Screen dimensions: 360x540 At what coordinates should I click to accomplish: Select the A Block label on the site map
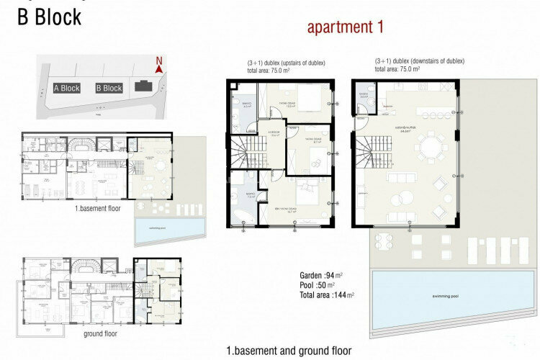66,88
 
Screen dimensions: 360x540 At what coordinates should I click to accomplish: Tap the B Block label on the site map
109,88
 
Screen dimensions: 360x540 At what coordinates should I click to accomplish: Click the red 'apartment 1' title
345,28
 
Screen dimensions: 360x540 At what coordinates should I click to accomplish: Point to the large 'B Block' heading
50,17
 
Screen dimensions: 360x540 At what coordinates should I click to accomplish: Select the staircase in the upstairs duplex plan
245,152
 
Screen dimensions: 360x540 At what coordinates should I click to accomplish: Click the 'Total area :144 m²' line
326,294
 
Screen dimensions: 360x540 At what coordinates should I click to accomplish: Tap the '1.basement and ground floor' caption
289,351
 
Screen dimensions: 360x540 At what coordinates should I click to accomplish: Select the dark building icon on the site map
143,86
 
